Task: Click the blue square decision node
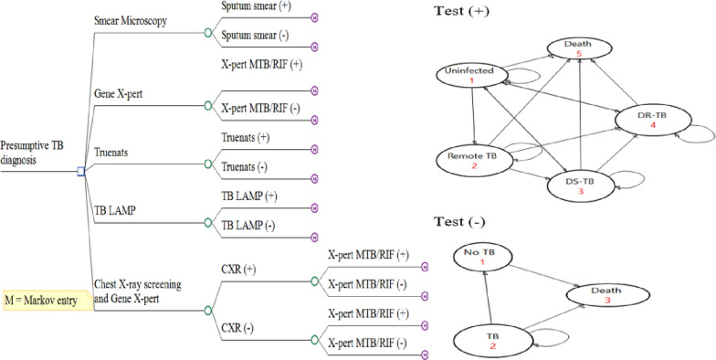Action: click(x=81, y=172)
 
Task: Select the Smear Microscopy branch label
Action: click(x=130, y=21)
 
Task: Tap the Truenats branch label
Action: click(x=111, y=152)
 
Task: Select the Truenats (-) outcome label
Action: click(x=245, y=167)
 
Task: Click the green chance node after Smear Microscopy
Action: click(x=208, y=33)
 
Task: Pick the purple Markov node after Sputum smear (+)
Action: click(x=314, y=18)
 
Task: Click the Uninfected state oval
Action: click(x=473, y=75)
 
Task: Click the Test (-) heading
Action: click(x=458, y=223)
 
